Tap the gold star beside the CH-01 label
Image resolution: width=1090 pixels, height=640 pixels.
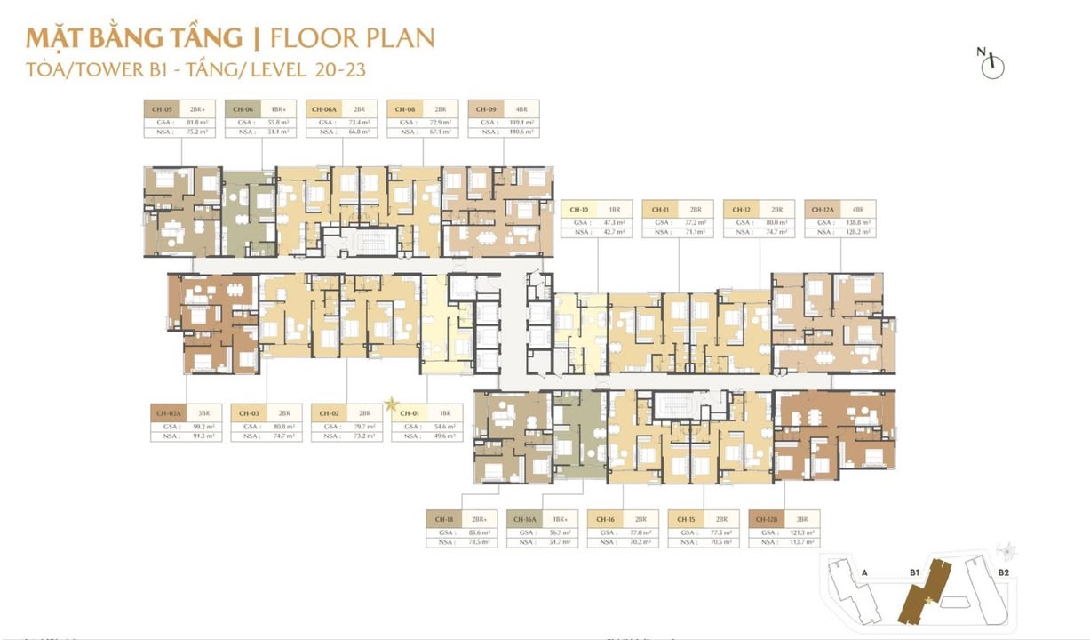(391, 404)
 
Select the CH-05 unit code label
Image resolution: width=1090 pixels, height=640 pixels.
(161, 108)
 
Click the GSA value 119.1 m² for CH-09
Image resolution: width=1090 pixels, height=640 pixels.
(521, 121)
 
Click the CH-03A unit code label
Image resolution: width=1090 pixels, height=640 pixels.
(168, 413)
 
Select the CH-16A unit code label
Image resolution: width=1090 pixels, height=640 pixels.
(524, 518)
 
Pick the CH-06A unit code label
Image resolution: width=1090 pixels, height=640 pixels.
(323, 108)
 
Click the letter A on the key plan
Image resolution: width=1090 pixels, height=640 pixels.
(864, 573)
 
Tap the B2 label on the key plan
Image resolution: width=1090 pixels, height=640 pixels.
(1003, 572)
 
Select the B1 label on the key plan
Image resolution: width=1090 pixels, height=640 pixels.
(913, 573)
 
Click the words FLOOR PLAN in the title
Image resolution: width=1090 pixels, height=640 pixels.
(352, 38)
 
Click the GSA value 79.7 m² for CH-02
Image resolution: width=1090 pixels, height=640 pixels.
(364, 426)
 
